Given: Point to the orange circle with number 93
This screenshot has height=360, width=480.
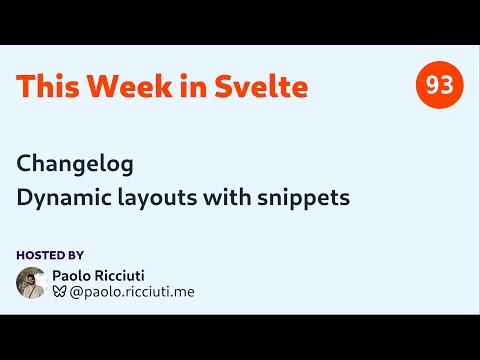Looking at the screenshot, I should [439, 86].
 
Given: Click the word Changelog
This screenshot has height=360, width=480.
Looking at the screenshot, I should [75, 162].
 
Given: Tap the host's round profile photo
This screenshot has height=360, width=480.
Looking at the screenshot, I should [32, 283].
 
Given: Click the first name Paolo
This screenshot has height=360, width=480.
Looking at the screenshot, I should [86, 275].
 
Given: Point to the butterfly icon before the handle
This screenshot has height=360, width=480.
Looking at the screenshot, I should [60, 292].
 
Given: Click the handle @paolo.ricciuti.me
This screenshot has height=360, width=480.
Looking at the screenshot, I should [132, 292].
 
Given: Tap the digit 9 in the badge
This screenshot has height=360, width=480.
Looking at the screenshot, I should [432, 86].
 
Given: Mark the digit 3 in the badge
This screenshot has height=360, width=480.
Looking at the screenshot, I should [446, 86].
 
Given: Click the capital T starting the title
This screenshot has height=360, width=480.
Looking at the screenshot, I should [25, 87].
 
